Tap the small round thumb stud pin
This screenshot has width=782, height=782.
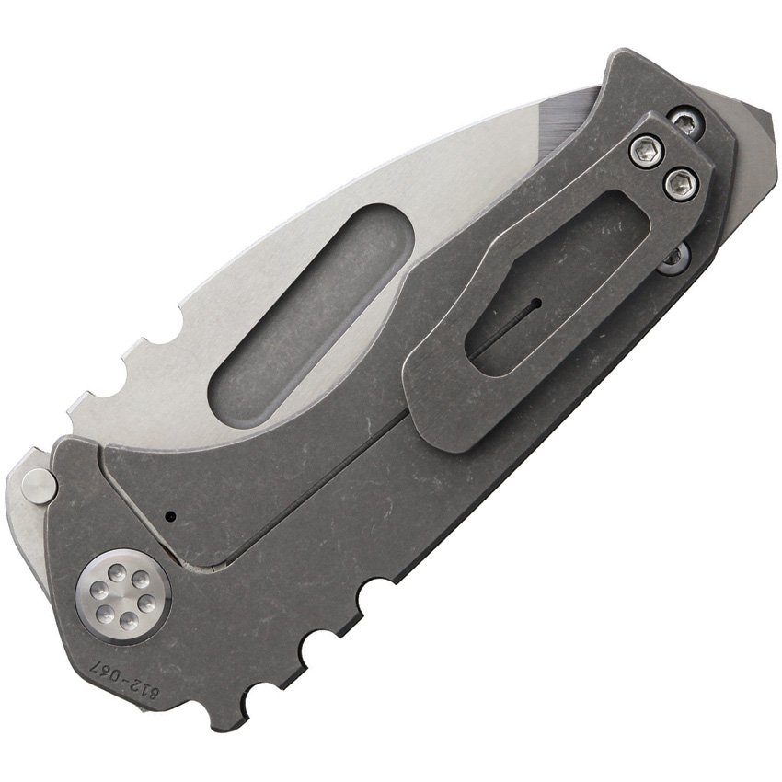[x=39, y=485]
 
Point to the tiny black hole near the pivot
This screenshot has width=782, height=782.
[x=171, y=517]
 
